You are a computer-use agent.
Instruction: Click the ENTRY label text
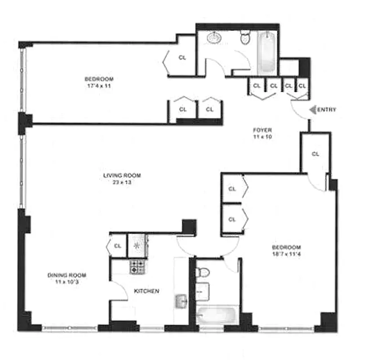click(328, 110)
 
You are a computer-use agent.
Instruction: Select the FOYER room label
click(262, 130)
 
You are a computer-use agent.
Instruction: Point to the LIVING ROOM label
click(119, 175)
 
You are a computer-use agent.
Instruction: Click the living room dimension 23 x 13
click(119, 182)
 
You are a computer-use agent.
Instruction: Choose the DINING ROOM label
click(67, 275)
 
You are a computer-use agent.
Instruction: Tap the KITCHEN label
click(147, 291)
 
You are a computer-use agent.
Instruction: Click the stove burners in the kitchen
click(137, 267)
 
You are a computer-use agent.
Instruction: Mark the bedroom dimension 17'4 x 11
click(99, 85)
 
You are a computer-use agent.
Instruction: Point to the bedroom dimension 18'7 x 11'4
click(286, 254)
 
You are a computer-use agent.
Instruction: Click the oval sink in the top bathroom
click(214, 39)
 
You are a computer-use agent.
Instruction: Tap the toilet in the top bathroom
click(245, 38)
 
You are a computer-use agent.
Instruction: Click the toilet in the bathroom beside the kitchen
click(203, 273)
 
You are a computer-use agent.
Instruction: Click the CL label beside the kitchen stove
click(118, 246)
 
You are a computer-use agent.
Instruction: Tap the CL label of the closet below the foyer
click(315, 154)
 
